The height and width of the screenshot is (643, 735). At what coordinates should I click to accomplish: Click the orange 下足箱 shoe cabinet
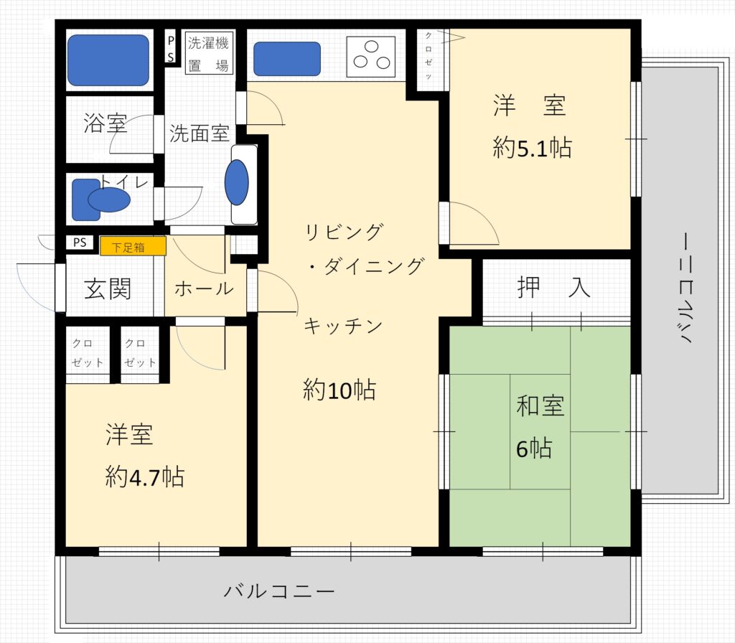[x=133, y=246]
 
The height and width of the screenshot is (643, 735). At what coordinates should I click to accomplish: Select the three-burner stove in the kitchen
[x=370, y=56]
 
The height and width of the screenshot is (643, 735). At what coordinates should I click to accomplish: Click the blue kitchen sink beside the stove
[x=286, y=59]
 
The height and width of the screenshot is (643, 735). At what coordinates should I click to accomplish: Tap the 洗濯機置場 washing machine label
[x=207, y=53]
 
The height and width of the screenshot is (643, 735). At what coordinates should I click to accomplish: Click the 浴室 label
[x=106, y=123]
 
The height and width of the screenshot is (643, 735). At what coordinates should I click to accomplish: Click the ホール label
[x=204, y=288]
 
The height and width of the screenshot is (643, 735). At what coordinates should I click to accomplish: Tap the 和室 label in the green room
[x=540, y=406]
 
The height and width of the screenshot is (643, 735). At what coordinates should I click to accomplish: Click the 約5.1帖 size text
[x=532, y=149]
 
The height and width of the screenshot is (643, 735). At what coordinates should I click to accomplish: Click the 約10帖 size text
[x=340, y=390]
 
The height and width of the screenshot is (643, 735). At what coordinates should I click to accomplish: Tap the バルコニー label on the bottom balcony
[x=279, y=592]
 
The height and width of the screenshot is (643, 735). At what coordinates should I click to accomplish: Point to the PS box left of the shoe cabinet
[x=79, y=243]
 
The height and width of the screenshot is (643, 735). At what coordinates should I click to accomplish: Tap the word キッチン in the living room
[x=343, y=326]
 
